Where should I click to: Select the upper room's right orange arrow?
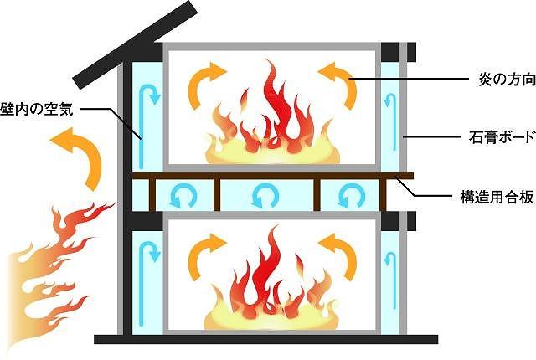[x=336, y=81]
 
